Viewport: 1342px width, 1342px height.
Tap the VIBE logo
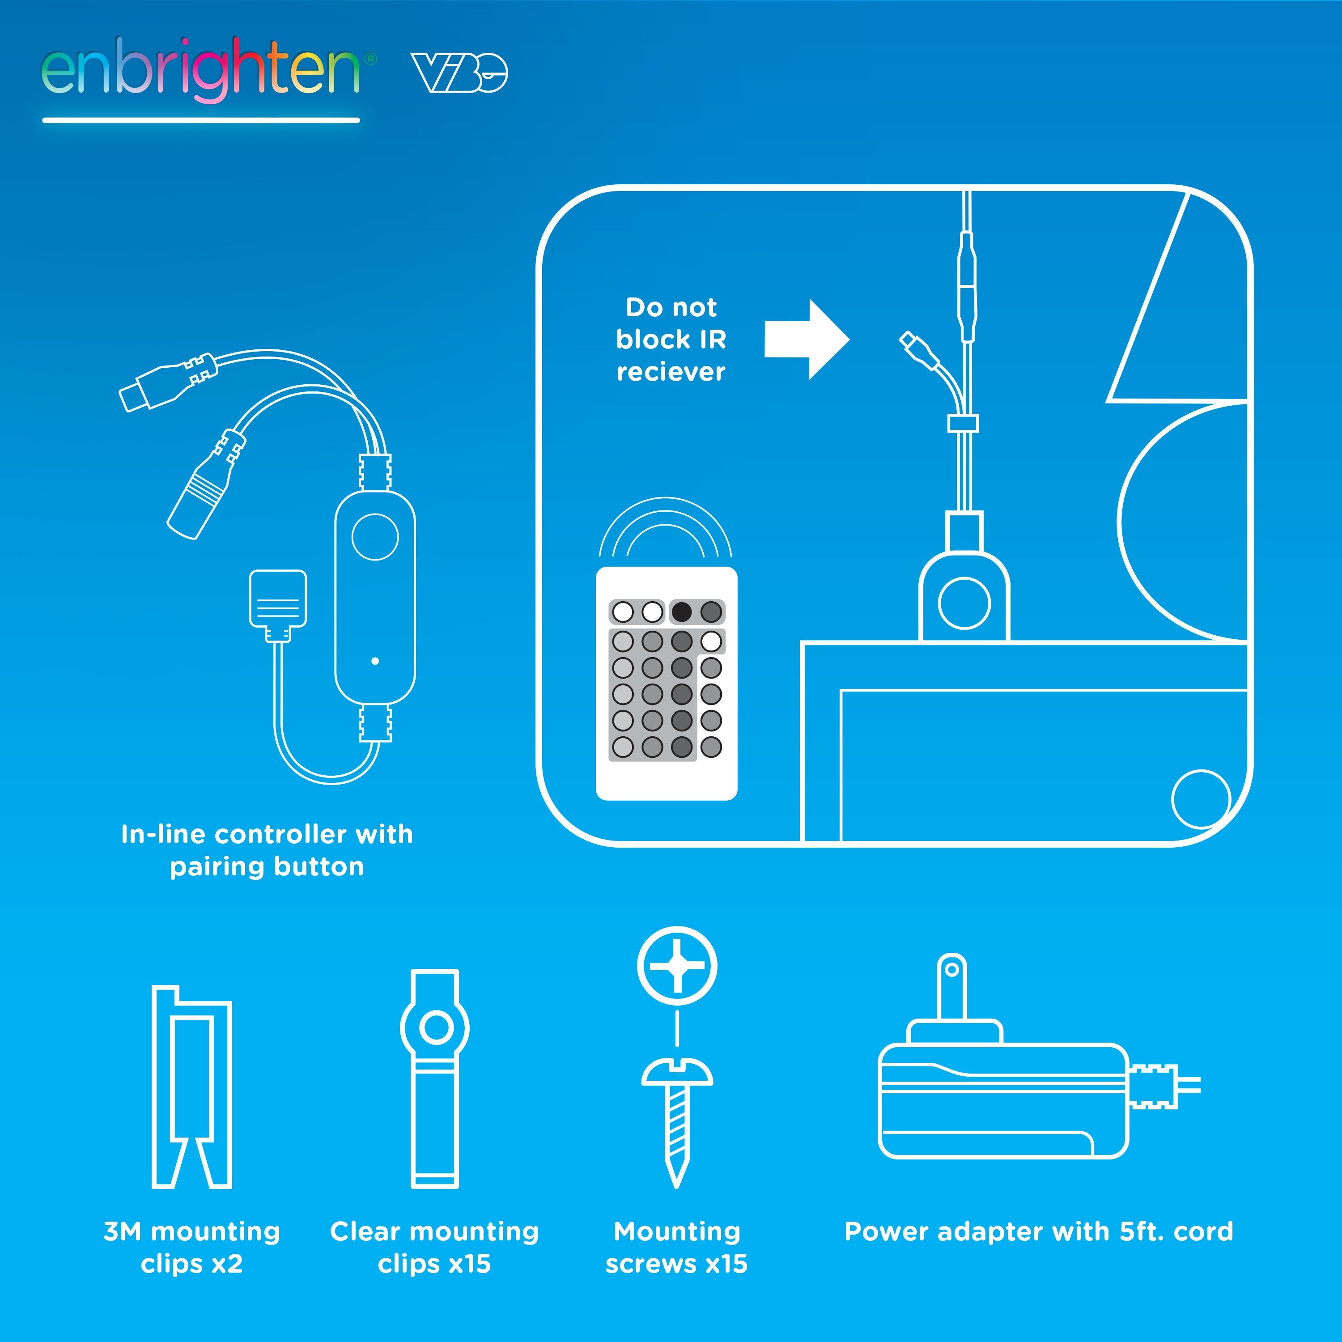(459, 72)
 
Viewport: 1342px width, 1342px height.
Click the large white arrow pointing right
(807, 340)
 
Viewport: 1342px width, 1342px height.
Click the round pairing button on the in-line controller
(375, 537)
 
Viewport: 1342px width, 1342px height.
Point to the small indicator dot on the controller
(375, 661)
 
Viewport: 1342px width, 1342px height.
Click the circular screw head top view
(677, 965)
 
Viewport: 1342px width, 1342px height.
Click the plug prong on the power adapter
(951, 986)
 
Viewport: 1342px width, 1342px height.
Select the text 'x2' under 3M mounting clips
(226, 1264)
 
